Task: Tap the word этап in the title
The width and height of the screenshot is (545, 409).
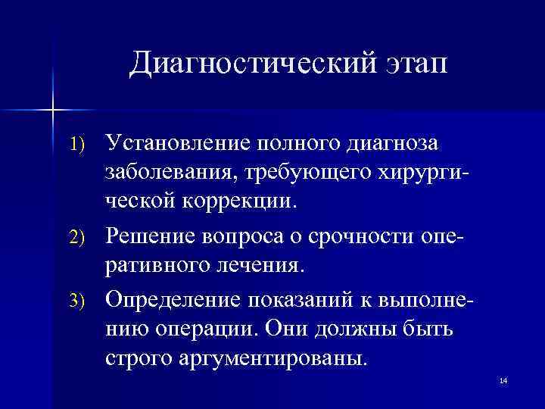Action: (x=410, y=64)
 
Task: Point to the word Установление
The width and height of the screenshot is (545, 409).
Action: (x=178, y=144)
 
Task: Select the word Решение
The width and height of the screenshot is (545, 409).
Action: (x=148, y=237)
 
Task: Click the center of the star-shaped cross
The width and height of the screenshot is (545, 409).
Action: (x=53, y=111)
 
